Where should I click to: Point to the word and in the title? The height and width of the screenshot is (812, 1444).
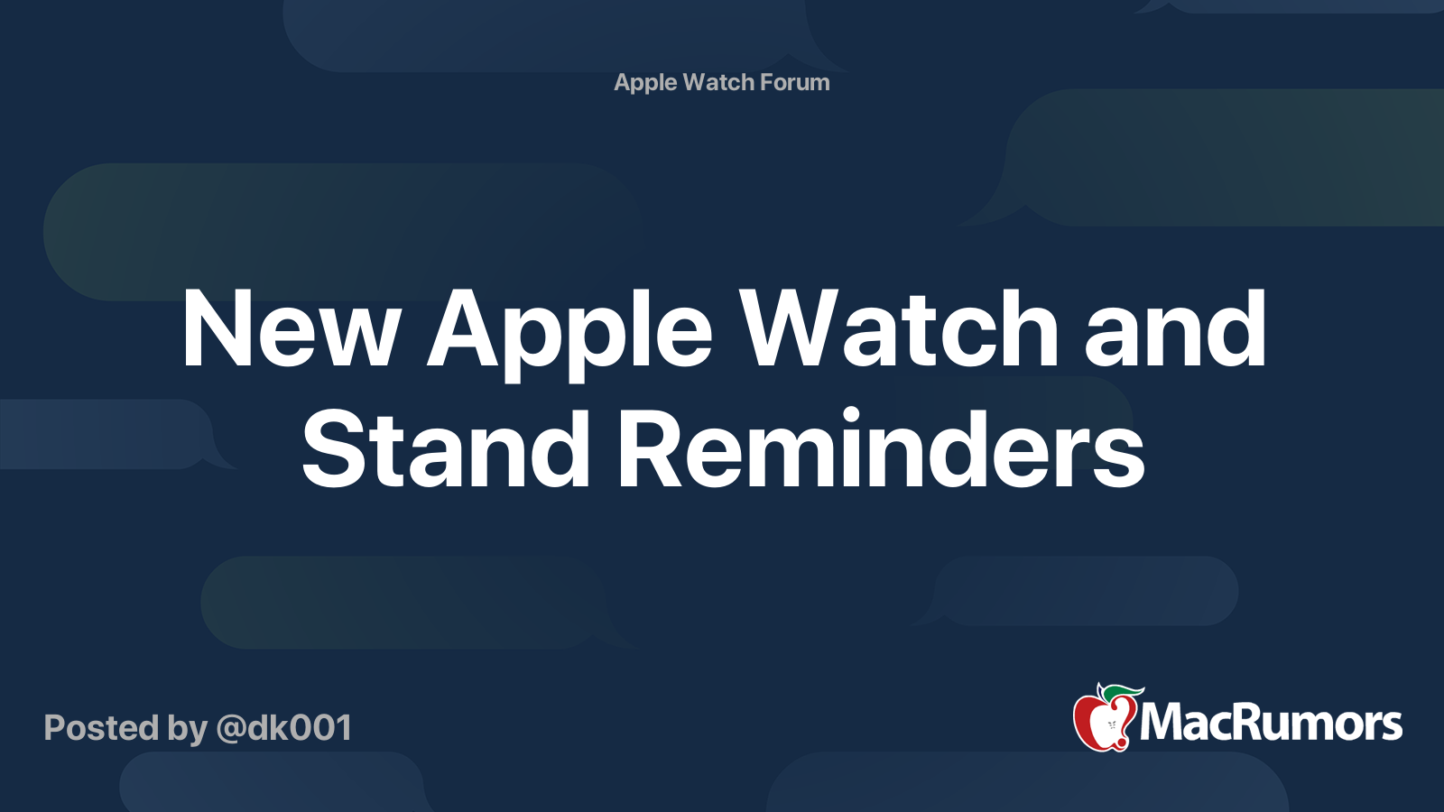coord(1175,329)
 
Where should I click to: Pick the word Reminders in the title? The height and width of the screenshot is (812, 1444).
coord(881,449)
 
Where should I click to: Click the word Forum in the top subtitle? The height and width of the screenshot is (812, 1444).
coord(794,82)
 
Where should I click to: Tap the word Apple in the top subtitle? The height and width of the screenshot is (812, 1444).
coord(645,83)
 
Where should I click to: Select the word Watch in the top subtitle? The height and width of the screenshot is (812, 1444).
coord(718,82)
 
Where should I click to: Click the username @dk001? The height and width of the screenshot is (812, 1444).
coord(283,728)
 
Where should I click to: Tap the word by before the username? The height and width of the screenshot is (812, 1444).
coord(187,729)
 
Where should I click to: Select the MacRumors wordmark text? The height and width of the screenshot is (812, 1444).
coord(1271,723)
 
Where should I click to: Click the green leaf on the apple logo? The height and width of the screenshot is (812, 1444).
coord(1123,692)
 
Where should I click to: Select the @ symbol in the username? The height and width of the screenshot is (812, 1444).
coord(230,729)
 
